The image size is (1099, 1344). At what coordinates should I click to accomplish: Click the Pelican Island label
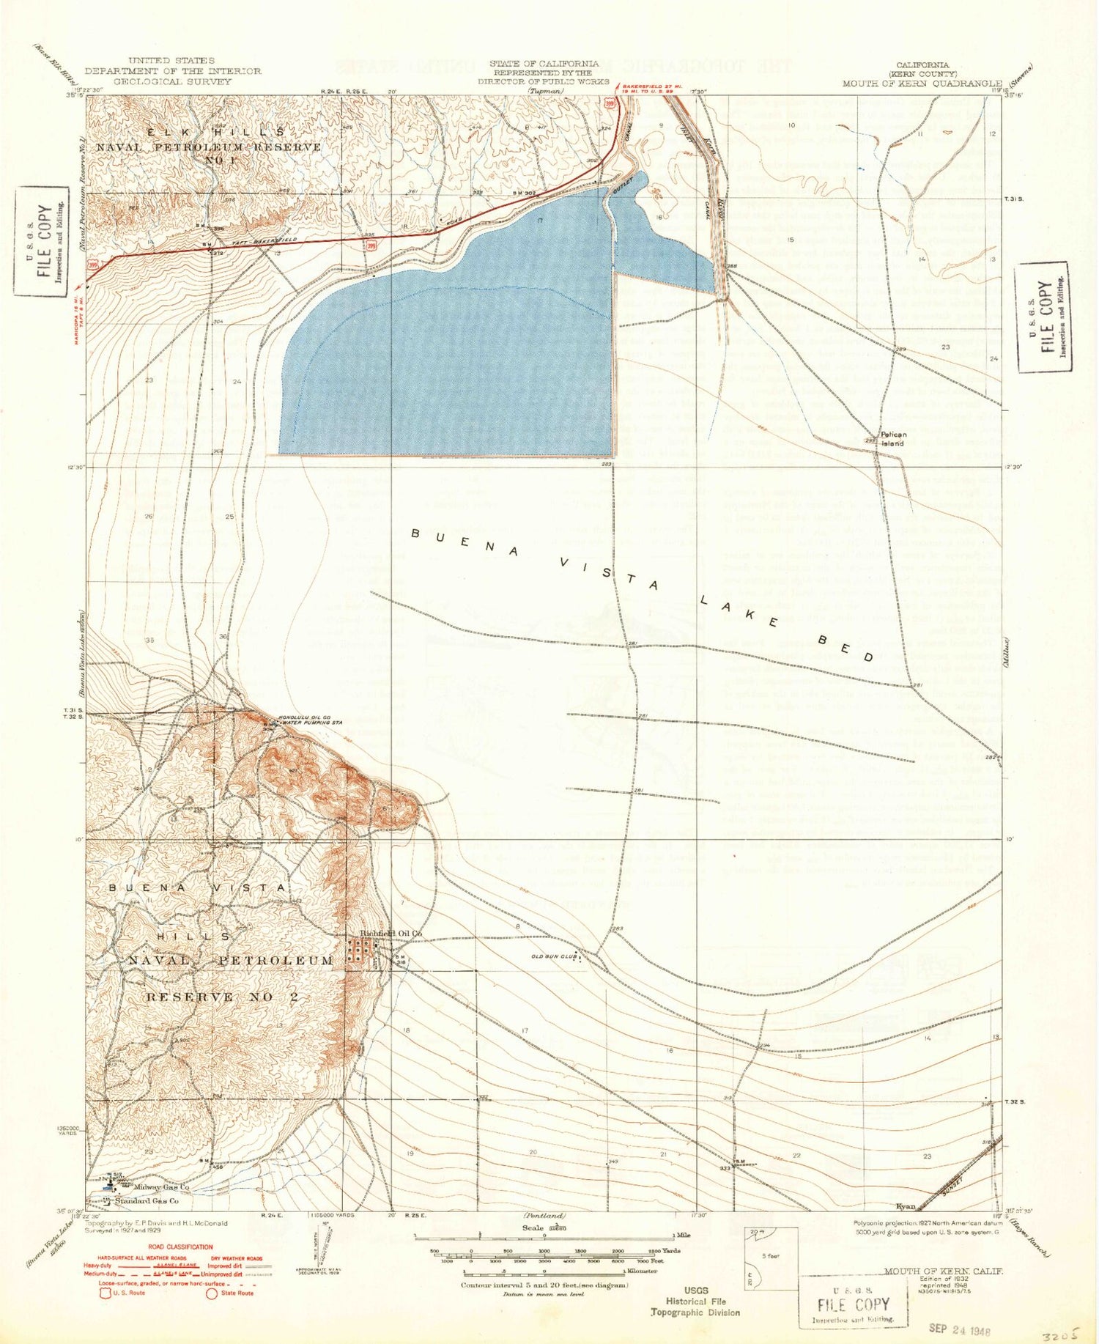coord(892,438)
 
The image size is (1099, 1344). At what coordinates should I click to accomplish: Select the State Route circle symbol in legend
coord(211,1293)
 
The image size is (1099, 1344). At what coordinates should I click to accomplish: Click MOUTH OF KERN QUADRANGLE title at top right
coord(922,83)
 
